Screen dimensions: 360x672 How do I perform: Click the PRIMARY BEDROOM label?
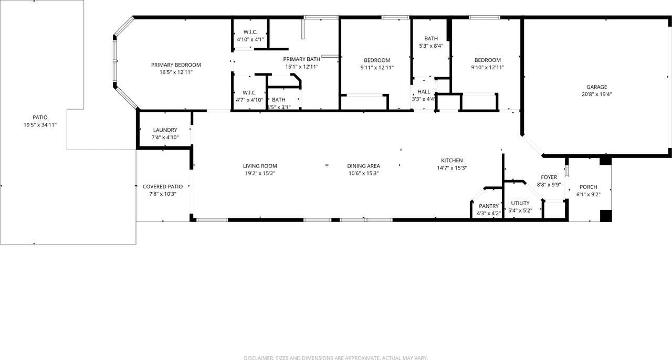click(x=176, y=65)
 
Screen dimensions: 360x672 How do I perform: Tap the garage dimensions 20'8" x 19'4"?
click(x=597, y=94)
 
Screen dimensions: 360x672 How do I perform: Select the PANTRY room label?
click(x=488, y=206)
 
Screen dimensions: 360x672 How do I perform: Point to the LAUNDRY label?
click(x=165, y=130)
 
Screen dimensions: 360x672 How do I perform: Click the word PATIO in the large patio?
click(x=40, y=118)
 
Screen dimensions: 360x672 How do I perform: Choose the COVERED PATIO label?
click(x=163, y=187)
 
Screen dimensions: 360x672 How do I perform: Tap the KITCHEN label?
click(x=451, y=161)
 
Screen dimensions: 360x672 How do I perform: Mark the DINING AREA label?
click(x=363, y=166)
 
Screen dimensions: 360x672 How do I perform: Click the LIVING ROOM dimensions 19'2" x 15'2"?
click(x=260, y=173)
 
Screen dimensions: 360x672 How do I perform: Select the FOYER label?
click(x=549, y=177)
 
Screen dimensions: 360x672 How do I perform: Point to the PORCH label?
click(x=588, y=187)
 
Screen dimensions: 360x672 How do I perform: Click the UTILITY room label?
click(x=520, y=203)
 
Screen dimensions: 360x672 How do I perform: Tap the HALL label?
click(x=424, y=92)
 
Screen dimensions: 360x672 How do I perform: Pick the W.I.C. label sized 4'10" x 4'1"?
click(x=250, y=32)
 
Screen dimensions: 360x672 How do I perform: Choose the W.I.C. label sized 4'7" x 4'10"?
click(x=249, y=92)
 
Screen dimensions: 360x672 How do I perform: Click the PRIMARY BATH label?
click(x=301, y=59)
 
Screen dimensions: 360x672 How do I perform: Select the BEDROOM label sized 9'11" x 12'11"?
click(x=377, y=60)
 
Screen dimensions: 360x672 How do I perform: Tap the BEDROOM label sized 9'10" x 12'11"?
click(x=488, y=60)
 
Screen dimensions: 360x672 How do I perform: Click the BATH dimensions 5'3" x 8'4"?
click(x=431, y=46)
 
